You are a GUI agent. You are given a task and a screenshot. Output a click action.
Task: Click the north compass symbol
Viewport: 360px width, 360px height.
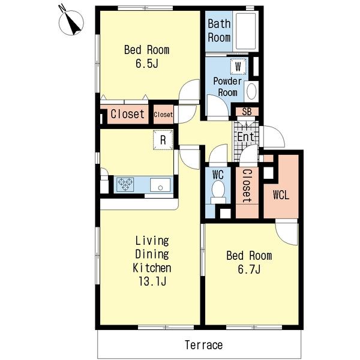click(71, 23)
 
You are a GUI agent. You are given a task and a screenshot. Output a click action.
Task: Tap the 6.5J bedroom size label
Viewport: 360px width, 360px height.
click(147, 64)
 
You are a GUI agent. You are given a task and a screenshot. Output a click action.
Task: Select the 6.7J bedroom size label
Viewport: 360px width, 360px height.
click(249, 269)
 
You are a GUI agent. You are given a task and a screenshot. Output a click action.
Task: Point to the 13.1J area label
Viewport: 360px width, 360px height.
click(152, 281)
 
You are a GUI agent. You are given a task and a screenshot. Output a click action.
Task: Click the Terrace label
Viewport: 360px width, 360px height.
click(203, 345)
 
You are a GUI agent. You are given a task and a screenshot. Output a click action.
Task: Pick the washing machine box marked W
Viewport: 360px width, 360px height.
click(238, 67)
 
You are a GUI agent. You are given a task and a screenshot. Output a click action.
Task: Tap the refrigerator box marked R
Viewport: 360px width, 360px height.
click(163, 140)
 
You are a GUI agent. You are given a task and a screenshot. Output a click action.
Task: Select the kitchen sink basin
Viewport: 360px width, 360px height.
click(160, 185)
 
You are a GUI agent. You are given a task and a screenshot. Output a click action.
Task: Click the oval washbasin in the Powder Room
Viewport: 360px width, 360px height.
click(251, 91)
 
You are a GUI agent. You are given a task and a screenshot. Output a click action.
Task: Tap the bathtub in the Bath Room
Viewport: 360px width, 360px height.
click(246, 31)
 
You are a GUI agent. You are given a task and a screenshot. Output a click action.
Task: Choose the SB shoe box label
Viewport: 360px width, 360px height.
click(247, 112)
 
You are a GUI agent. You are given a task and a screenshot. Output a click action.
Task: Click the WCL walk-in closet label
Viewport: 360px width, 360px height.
click(281, 195)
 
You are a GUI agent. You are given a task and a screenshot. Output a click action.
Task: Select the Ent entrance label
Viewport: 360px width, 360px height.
click(245, 137)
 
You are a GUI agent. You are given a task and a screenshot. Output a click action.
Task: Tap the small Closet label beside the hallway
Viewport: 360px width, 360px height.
click(163, 115)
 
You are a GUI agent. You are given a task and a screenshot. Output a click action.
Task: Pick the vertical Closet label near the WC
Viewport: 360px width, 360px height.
click(247, 186)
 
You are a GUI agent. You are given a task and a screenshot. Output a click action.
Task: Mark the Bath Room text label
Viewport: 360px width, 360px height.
click(219, 31)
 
